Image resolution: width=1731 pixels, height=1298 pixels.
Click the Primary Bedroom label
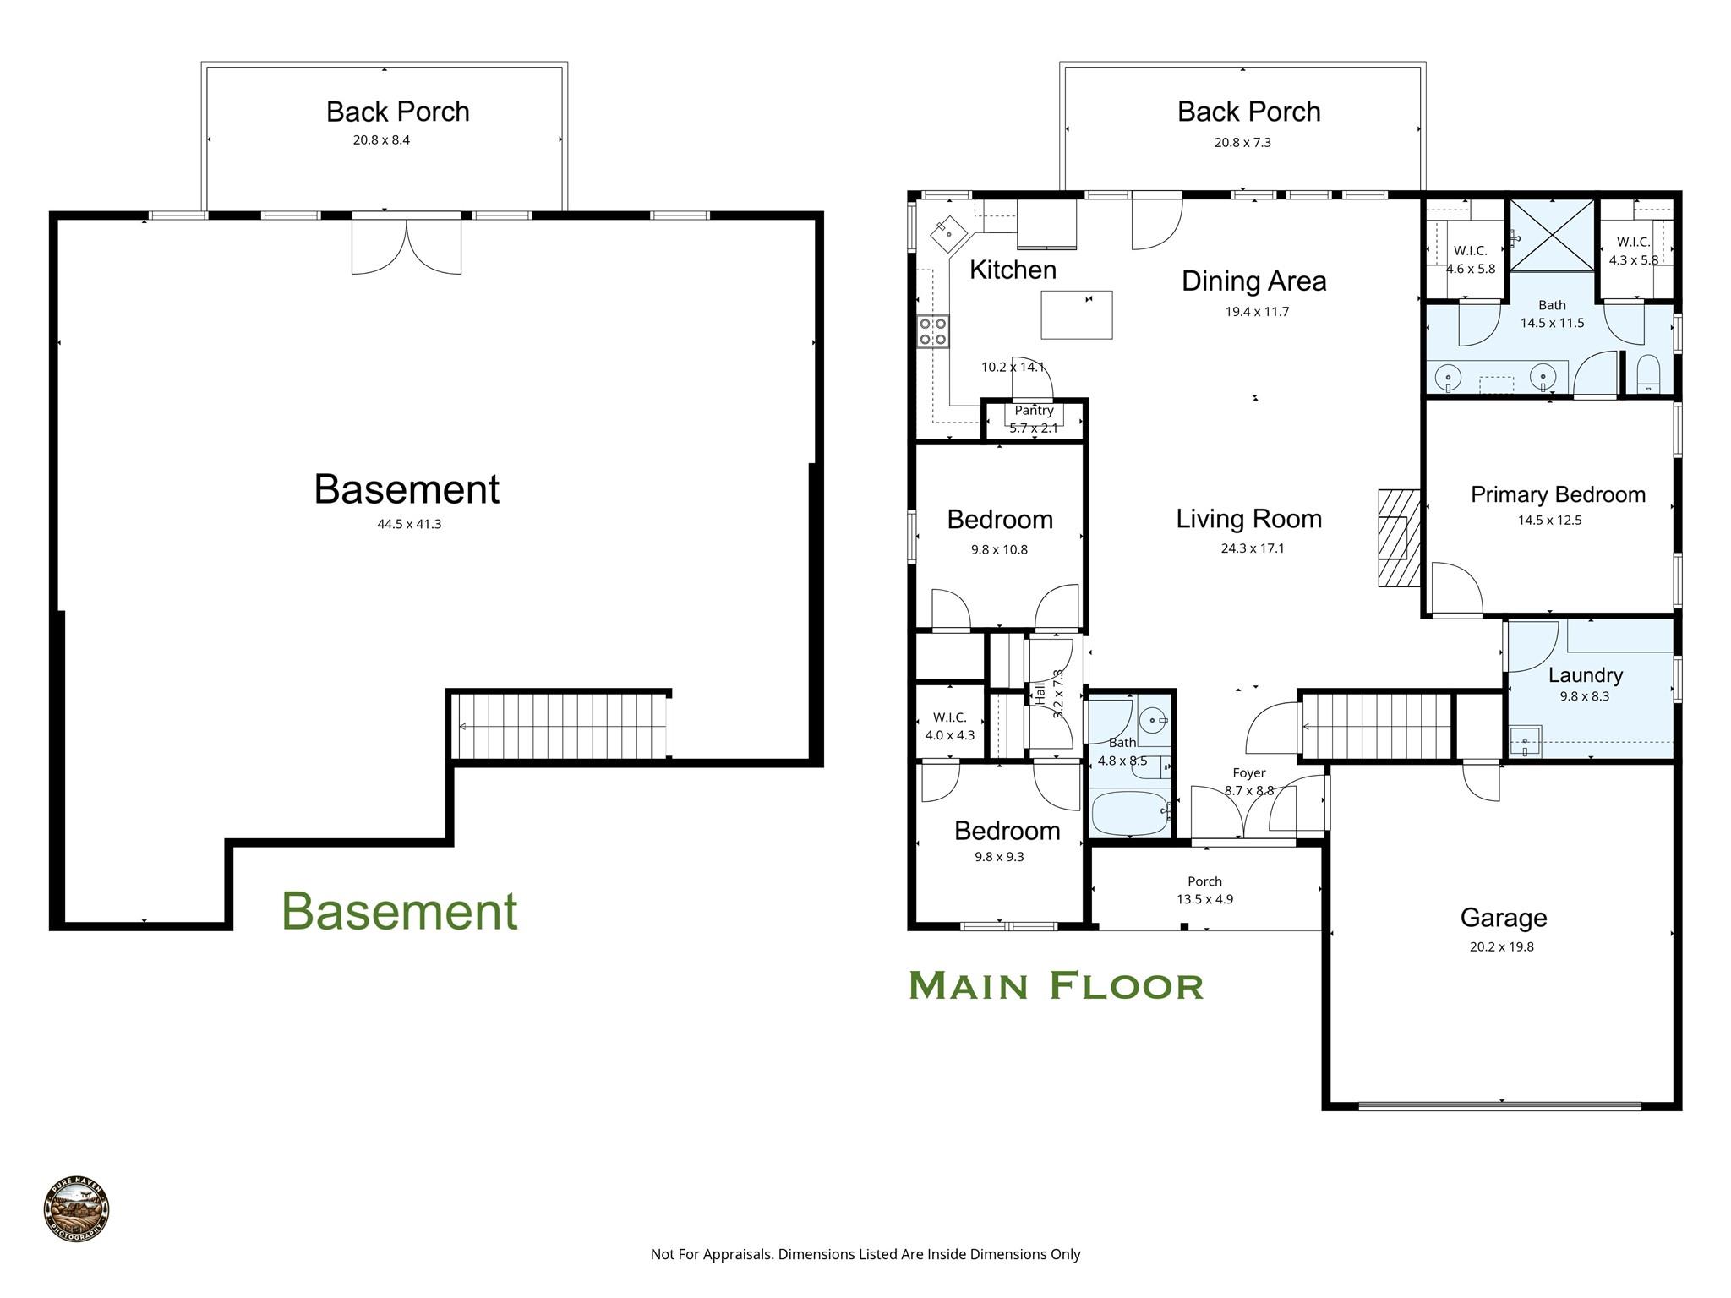coord(1558,495)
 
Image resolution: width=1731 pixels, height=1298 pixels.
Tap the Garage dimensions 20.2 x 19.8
coord(1501,947)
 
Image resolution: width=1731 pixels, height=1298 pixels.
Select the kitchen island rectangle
coord(1076,314)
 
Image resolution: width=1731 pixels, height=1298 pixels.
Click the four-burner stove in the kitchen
coord(933,331)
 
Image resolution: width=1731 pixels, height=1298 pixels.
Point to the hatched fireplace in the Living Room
coord(1399,537)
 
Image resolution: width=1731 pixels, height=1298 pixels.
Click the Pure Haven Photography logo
coord(76,1210)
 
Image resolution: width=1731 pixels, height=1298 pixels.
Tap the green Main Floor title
coord(1056,986)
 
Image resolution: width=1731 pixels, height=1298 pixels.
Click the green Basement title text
coord(399,912)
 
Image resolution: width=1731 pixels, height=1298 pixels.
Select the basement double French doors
coord(407,245)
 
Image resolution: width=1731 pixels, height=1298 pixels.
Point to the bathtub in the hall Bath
coord(1129,812)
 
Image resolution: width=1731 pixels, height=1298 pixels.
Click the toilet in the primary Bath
coord(1648,374)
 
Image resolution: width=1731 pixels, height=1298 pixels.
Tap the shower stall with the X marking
coord(1552,235)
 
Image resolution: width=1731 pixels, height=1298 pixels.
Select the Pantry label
coord(1034,411)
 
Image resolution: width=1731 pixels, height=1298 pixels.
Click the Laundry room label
coord(1585,675)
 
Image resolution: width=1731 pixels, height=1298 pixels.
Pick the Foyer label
coord(1248,773)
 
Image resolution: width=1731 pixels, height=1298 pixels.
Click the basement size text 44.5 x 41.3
coord(409,525)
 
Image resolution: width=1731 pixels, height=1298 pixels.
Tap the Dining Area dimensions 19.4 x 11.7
coord(1257,312)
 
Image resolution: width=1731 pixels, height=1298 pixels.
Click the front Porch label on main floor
coord(1204,881)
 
